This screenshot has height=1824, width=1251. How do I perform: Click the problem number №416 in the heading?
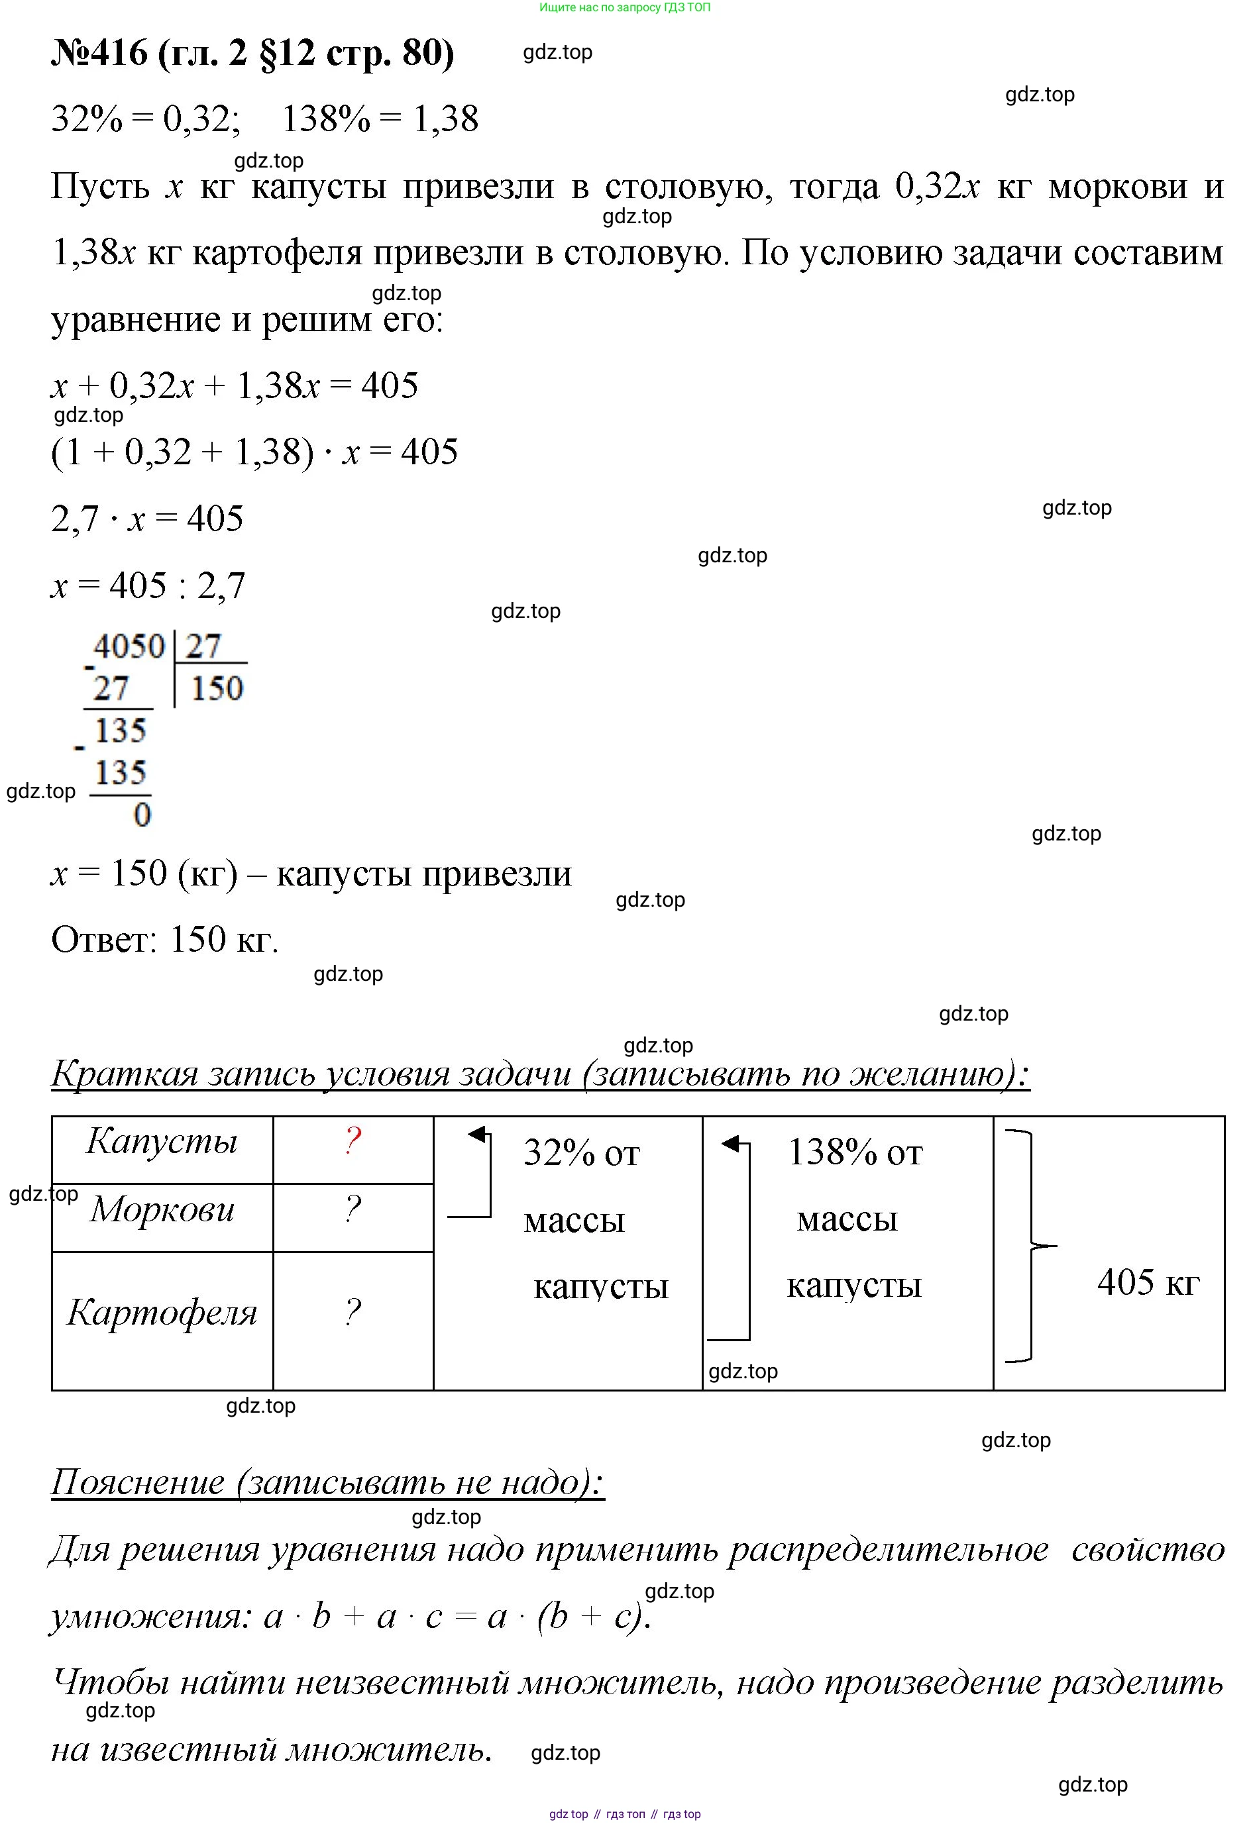(x=99, y=54)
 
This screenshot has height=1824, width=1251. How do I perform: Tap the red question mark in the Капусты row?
(x=353, y=1140)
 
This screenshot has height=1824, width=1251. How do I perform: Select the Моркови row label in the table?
(x=162, y=1209)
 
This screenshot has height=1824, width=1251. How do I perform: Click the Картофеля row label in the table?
(x=162, y=1312)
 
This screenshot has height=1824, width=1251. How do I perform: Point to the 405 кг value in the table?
(x=1148, y=1282)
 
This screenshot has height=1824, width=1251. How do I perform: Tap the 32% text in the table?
(x=559, y=1153)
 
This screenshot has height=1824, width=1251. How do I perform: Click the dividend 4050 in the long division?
(x=129, y=646)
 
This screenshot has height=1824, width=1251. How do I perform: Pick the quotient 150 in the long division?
(x=217, y=688)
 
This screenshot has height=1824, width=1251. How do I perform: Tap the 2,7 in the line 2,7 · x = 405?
(x=76, y=519)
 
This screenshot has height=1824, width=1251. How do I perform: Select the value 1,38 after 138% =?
(x=445, y=119)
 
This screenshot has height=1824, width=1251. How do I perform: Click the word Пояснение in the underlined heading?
(x=137, y=1482)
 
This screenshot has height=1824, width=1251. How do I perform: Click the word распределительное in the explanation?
(x=888, y=1549)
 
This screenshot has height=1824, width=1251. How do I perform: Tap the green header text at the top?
(x=625, y=8)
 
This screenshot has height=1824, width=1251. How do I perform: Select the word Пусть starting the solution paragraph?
(x=100, y=187)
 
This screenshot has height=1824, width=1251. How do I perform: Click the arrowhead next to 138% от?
(x=730, y=1144)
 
